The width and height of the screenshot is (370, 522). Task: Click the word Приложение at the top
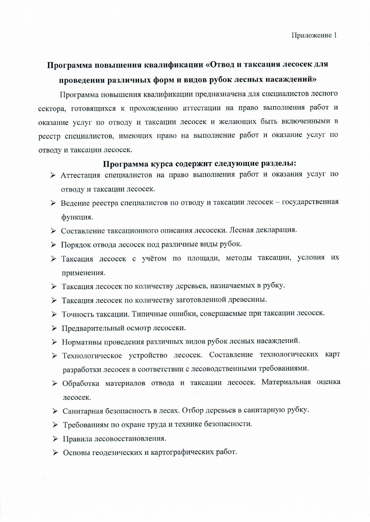(311, 35)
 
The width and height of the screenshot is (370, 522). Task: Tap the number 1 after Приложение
(335, 35)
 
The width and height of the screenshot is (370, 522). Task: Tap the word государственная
(310, 202)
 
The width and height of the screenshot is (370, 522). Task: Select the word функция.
(77, 217)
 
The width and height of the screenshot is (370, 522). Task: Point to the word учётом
(154, 258)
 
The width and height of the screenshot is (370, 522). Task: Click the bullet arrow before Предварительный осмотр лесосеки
(54, 328)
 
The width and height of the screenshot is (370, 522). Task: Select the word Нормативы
(80, 342)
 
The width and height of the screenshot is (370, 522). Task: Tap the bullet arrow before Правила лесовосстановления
(55, 439)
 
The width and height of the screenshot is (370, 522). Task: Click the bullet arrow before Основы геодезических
(55, 453)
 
